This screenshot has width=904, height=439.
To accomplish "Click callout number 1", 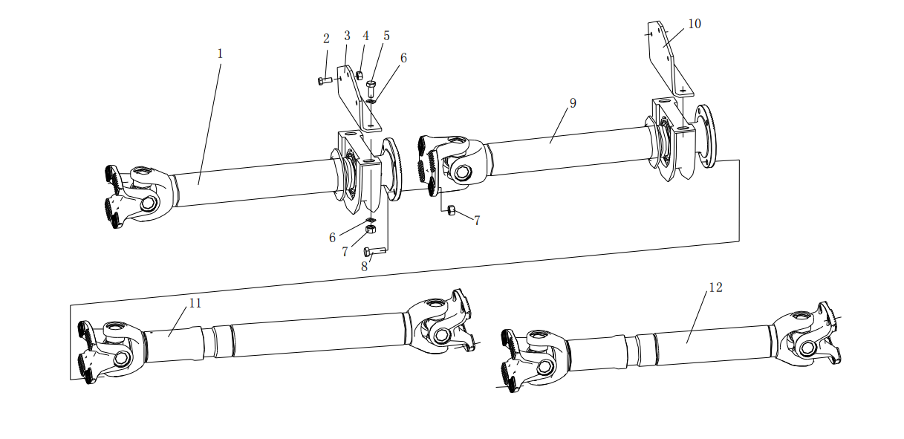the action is tap(220, 53).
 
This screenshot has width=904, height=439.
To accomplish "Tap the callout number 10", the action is tap(694, 24).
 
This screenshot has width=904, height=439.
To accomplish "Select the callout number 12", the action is tap(715, 287).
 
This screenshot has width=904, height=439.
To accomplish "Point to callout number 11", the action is tap(195, 303).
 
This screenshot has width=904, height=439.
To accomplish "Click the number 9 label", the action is tap(573, 103).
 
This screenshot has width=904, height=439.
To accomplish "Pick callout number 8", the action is tap(365, 267).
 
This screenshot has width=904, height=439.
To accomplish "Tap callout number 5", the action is tap(386, 36).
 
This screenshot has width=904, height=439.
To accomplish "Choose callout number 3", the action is tap(347, 36).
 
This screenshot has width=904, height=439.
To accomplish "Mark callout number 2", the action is tap(326, 39).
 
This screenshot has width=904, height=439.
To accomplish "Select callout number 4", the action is tap(365, 36).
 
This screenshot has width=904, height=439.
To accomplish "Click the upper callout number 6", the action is tap(403, 58).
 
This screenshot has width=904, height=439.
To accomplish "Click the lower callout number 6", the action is tap(332, 238).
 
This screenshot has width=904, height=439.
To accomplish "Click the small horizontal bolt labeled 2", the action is tap(325, 81).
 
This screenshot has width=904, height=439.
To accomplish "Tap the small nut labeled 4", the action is tap(360, 76).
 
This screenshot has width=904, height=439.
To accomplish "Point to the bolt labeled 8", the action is tap(375, 252).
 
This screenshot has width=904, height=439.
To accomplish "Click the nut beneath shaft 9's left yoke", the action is tap(452, 209).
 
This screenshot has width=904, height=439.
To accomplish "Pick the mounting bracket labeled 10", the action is tap(668, 60).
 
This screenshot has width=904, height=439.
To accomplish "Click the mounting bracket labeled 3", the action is tap(357, 99).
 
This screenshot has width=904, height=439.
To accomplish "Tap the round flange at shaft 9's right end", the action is tap(706, 136).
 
